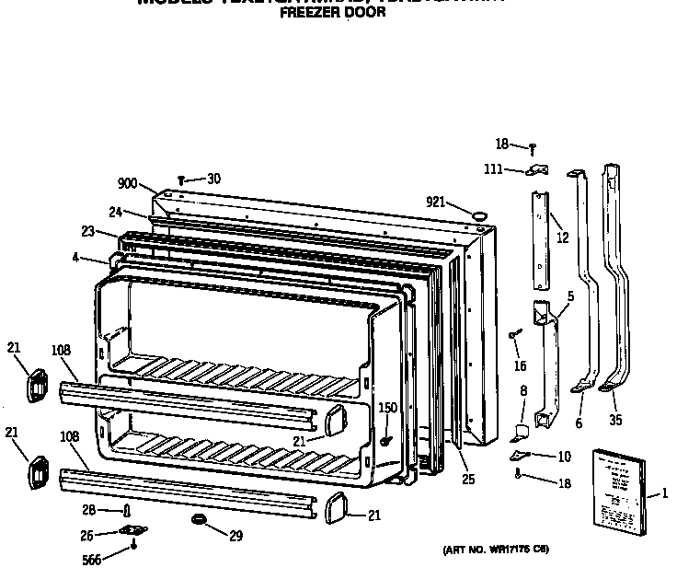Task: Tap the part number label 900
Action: (x=127, y=184)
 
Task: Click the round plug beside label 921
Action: (x=478, y=214)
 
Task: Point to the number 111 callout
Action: (x=493, y=168)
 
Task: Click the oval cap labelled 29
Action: (x=196, y=522)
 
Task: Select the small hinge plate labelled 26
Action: (x=133, y=530)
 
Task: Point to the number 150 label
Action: (x=388, y=408)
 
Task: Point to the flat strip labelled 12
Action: (x=539, y=239)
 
